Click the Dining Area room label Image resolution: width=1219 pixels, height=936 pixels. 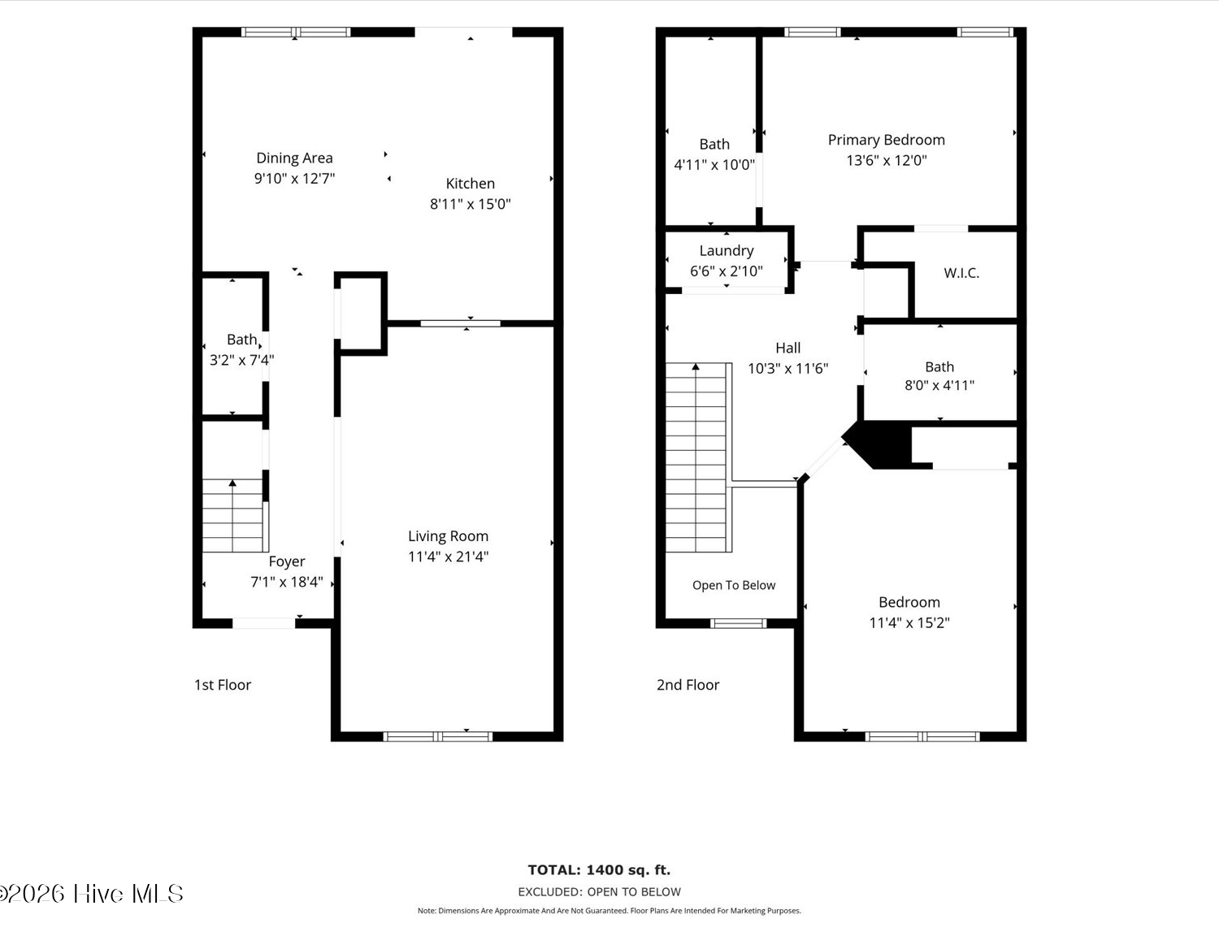(x=294, y=158)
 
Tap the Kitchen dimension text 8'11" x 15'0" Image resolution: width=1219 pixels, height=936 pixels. (x=470, y=204)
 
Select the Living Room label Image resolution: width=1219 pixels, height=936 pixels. (x=449, y=536)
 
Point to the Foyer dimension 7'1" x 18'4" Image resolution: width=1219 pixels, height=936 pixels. (x=287, y=582)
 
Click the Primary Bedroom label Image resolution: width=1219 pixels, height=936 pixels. (x=887, y=141)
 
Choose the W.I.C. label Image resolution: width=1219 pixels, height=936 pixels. (x=961, y=273)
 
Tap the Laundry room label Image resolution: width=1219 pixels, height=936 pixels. (x=727, y=251)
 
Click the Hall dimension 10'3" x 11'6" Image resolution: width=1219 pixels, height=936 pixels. (x=787, y=368)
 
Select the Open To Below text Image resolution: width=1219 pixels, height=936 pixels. (x=734, y=586)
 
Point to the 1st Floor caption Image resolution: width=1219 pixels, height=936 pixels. (x=223, y=685)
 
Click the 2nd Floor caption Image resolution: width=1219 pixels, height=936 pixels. (x=688, y=685)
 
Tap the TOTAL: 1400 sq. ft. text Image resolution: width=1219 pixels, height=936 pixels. (x=599, y=870)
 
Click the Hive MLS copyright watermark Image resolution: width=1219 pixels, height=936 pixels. (x=92, y=894)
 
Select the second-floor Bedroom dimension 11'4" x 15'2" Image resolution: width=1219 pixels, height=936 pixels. (x=909, y=623)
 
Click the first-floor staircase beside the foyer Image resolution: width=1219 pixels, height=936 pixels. (x=233, y=515)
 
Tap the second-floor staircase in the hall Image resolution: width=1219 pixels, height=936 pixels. (x=698, y=457)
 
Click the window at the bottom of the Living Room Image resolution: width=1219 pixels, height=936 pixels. (x=438, y=736)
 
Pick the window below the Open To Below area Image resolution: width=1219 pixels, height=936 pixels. (x=738, y=623)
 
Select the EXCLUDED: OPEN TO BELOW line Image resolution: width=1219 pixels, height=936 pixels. (x=599, y=891)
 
